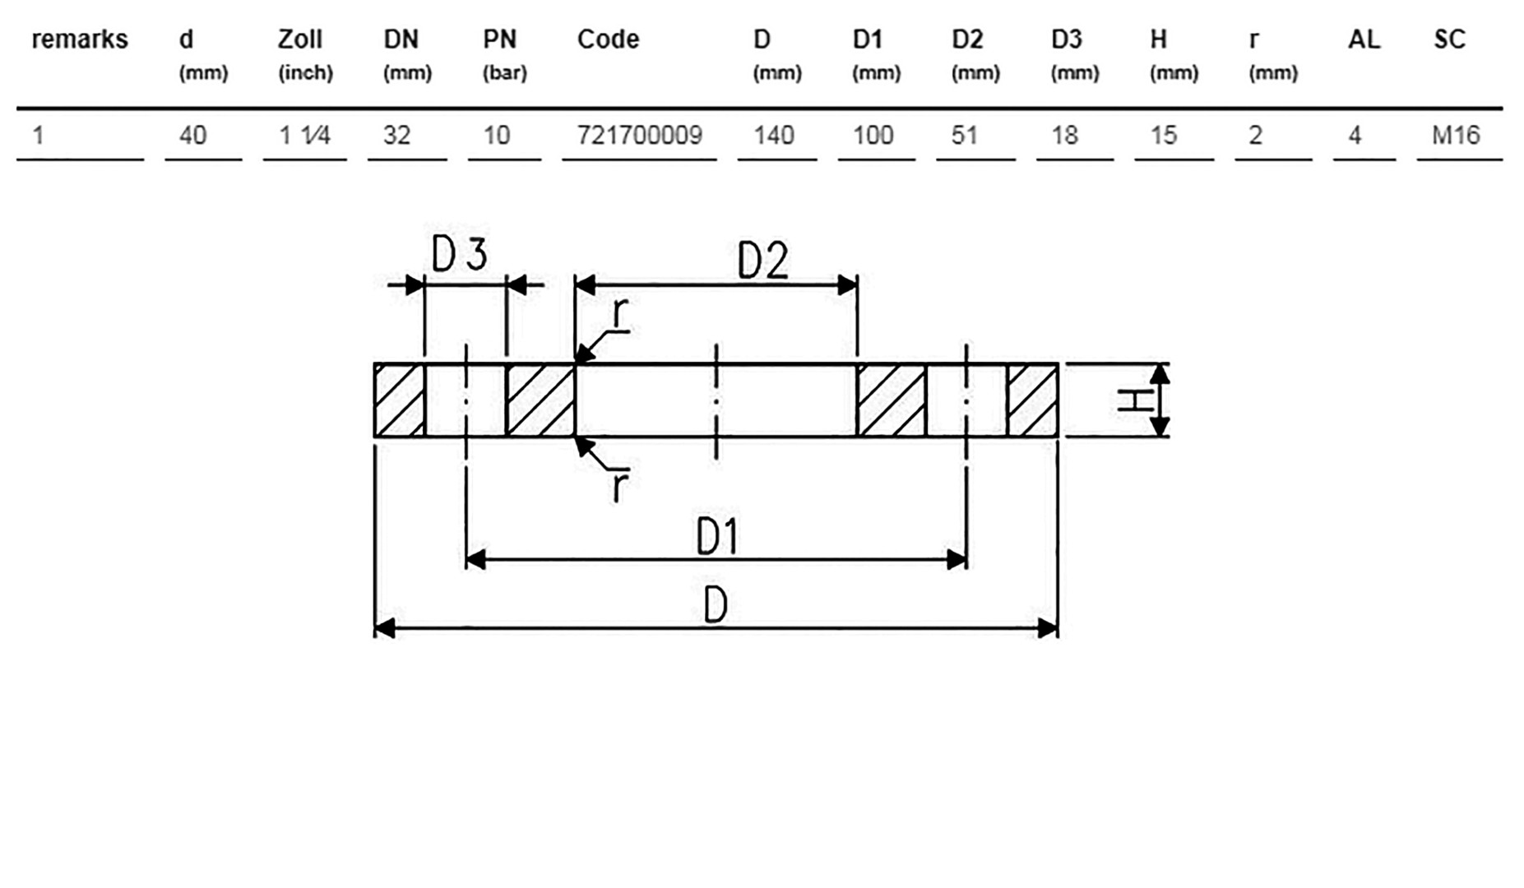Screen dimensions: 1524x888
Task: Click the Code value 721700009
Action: click(639, 135)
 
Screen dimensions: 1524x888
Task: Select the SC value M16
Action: click(1455, 135)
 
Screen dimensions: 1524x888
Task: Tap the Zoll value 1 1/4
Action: click(304, 135)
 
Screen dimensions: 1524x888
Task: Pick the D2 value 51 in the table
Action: click(964, 135)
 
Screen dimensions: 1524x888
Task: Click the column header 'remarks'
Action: click(80, 39)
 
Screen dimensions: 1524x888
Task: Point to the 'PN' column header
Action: click(499, 39)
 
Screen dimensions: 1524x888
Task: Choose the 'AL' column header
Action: click(1364, 39)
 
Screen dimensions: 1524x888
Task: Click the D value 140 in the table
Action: click(773, 135)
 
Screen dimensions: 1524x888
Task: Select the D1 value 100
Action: click(873, 135)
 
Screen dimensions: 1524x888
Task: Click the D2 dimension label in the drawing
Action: click(762, 261)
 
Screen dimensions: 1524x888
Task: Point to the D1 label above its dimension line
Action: click(717, 537)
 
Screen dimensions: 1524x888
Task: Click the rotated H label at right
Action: click(1135, 400)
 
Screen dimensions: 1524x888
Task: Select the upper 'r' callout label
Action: click(621, 315)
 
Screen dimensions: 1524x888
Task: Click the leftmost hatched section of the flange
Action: click(400, 400)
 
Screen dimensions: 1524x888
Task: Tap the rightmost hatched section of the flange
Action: click(1033, 400)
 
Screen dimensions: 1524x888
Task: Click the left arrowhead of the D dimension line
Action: click(384, 629)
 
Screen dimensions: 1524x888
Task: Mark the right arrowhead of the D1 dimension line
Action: click(957, 560)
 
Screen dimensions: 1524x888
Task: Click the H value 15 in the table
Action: click(1163, 135)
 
